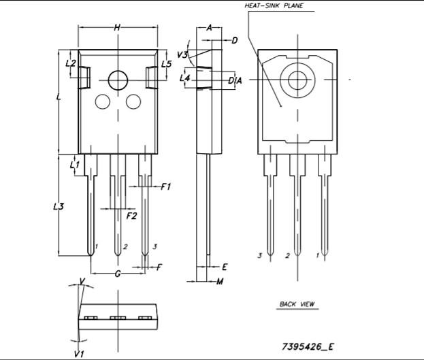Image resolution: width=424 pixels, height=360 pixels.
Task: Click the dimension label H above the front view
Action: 117,27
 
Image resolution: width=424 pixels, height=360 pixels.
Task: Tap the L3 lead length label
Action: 59,207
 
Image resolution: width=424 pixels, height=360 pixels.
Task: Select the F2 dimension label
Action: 131,216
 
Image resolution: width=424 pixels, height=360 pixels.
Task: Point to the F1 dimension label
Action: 166,186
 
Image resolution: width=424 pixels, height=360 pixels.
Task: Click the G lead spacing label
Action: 118,274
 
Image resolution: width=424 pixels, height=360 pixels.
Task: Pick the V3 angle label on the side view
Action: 182,55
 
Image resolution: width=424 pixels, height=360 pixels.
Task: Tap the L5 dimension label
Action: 166,64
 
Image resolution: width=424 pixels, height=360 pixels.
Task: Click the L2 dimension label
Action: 71,63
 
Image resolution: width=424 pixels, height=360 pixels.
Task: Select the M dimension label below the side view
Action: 220,282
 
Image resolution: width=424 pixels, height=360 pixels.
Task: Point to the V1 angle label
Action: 79,353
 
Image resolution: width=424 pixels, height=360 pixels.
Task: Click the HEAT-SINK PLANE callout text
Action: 274,5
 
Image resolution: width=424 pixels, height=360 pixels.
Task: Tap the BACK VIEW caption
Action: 297,304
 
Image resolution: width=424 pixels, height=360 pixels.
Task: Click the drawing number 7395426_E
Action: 308,346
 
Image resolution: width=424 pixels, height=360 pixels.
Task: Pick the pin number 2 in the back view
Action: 287,255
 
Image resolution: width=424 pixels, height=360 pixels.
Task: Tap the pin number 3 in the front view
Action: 154,246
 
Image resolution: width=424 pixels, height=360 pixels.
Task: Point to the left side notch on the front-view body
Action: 84,78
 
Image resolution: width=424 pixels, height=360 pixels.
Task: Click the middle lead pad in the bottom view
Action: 118,318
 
